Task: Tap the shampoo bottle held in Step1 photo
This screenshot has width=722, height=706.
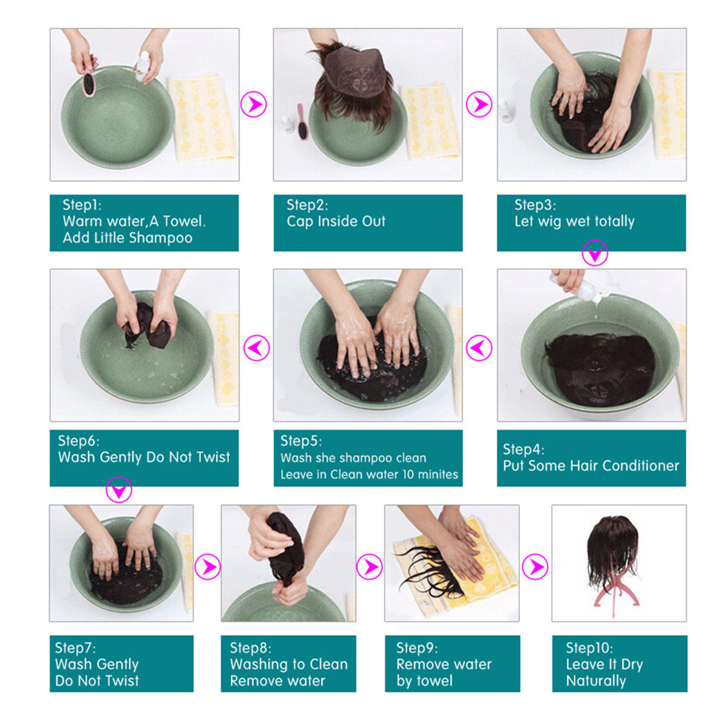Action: tap(142, 67)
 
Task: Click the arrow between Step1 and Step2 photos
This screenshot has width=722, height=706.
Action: tap(254, 104)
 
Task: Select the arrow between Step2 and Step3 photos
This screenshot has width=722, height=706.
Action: tap(479, 104)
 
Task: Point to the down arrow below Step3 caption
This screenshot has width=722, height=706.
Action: tap(595, 253)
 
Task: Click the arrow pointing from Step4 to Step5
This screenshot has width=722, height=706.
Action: tap(479, 347)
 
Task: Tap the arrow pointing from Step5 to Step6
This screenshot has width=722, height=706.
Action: tap(256, 347)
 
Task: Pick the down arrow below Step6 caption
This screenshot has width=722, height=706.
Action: tap(119, 489)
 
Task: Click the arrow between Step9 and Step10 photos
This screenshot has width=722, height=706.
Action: tap(535, 566)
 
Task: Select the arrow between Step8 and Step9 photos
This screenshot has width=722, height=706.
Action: tap(370, 566)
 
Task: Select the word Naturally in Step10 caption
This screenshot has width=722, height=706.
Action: tap(596, 681)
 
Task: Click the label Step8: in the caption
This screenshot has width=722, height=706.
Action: tap(250, 648)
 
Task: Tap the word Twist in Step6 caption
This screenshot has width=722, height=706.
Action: tap(213, 457)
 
